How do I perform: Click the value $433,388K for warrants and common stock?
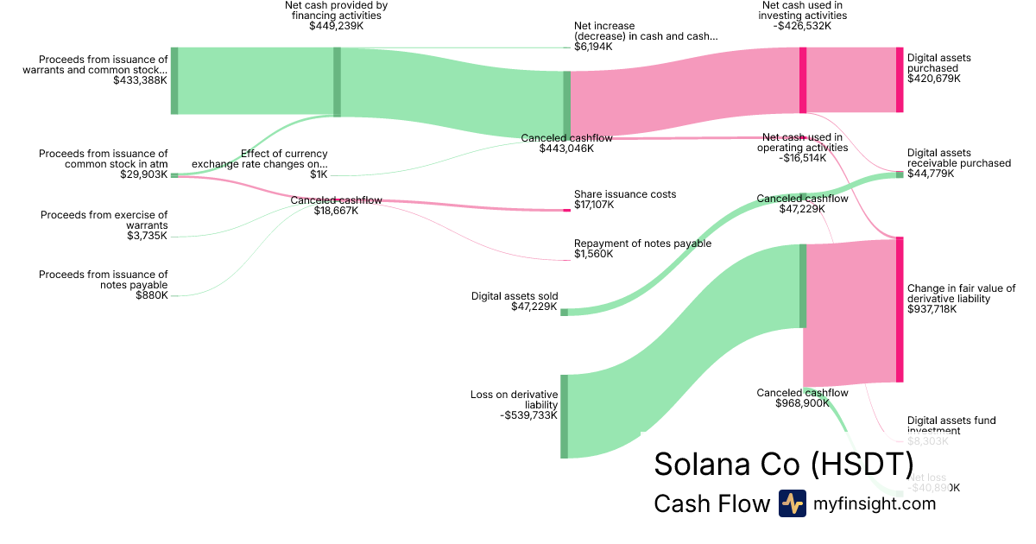click(140, 79)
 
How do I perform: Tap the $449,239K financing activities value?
click(337, 26)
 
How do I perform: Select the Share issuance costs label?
click(625, 194)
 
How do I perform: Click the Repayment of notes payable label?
click(642, 244)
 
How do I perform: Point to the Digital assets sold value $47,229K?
click(534, 307)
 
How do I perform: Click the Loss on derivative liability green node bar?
click(565, 416)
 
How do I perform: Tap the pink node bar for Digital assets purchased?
click(900, 79)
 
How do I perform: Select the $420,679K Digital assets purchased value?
click(933, 79)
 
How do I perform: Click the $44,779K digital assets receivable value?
click(931, 174)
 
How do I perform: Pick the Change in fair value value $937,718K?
click(932, 309)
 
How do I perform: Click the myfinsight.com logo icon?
click(792, 503)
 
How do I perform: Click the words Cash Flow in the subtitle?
click(711, 503)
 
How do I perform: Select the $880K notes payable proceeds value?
click(152, 295)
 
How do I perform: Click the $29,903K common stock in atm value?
click(143, 174)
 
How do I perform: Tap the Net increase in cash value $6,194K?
click(593, 47)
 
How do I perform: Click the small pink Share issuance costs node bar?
click(567, 210)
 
